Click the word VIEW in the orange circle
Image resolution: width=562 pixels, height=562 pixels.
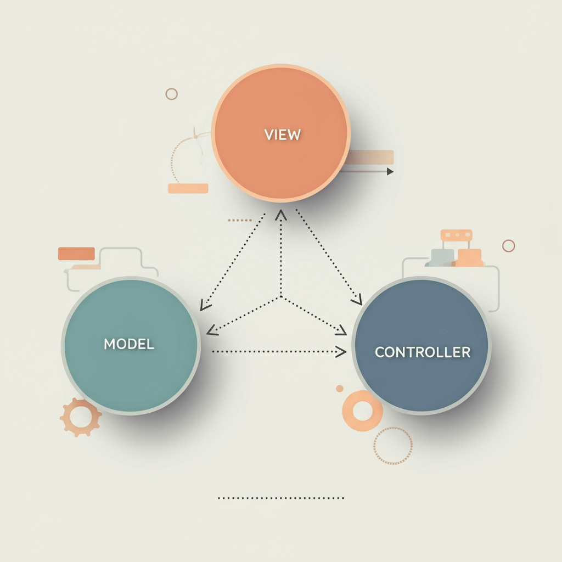(x=282, y=134)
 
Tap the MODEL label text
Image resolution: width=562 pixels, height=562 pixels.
(x=129, y=344)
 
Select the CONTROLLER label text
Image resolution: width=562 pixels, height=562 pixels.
(x=422, y=352)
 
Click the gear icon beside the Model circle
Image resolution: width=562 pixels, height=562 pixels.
(x=81, y=418)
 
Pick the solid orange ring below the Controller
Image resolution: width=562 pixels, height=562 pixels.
(x=362, y=411)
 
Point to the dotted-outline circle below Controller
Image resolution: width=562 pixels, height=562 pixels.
(x=392, y=446)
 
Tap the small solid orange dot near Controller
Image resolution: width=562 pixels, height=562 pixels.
(x=340, y=389)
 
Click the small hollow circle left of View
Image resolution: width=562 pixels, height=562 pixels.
(x=172, y=94)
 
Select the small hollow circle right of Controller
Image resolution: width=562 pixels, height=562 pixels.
(x=509, y=245)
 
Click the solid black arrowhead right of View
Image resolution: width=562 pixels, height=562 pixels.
(x=390, y=171)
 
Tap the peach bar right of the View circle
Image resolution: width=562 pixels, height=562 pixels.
(x=371, y=158)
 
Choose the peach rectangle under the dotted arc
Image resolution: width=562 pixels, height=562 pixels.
(x=188, y=188)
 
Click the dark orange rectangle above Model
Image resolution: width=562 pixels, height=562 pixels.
(x=76, y=254)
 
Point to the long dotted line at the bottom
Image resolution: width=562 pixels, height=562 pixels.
(x=281, y=498)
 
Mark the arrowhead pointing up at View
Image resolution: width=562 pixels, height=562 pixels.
(x=281, y=214)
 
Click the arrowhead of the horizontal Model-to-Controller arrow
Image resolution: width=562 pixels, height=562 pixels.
(x=341, y=351)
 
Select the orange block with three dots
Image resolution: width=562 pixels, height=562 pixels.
(x=456, y=235)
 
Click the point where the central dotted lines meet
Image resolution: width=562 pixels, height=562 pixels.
(x=281, y=297)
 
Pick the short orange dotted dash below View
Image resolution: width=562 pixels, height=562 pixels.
(x=239, y=220)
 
